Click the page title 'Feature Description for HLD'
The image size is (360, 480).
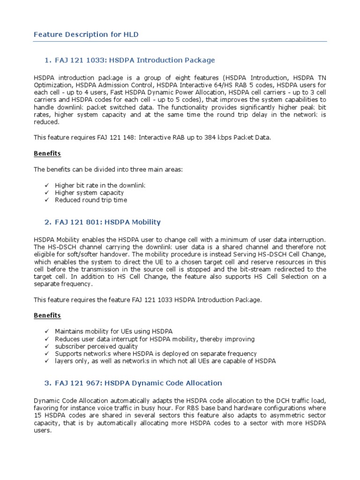86,35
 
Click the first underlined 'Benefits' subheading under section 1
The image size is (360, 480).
47,153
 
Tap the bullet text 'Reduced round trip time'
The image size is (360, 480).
90,200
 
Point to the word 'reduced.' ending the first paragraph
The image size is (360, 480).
46,121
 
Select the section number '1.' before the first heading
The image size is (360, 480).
47,60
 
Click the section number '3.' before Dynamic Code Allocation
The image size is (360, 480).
47,383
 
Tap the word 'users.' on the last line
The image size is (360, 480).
43,430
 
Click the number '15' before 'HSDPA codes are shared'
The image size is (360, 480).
37,416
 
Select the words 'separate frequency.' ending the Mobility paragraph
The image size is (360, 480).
64,284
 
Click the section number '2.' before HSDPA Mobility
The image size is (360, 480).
47,222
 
